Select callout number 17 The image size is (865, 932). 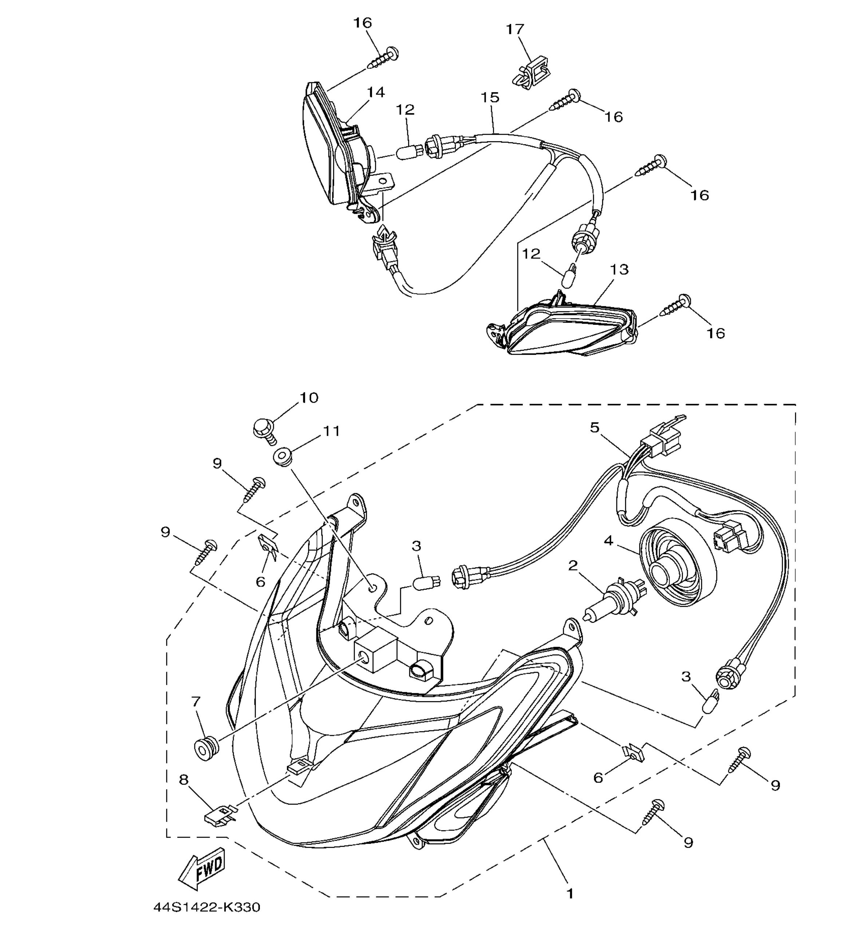[515, 29]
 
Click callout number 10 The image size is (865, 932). [309, 398]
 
